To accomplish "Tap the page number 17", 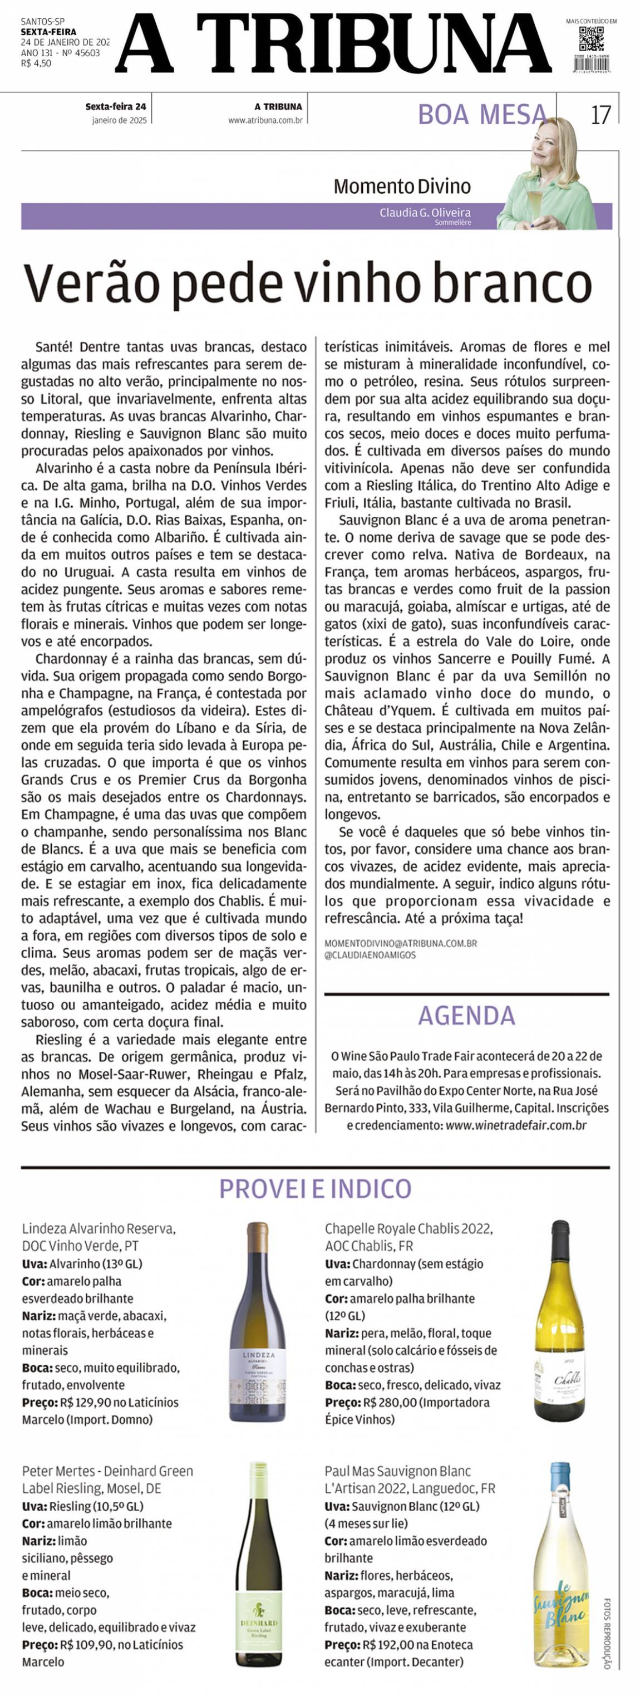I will (x=600, y=115).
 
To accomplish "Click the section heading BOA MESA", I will (x=482, y=115).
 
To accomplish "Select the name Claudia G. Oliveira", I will (x=425, y=213).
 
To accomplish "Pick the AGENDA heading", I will (x=466, y=1015).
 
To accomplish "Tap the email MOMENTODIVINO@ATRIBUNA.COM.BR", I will (x=401, y=944).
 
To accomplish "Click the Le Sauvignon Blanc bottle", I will (x=560, y=1565).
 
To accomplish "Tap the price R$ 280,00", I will (x=389, y=1402).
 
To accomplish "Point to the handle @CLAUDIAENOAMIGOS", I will (x=370, y=956).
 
